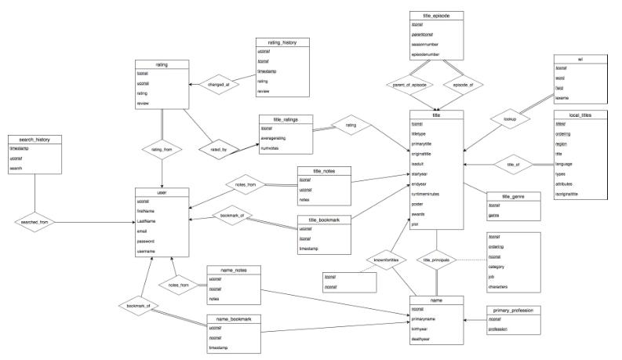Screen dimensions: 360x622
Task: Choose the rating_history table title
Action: tap(282, 42)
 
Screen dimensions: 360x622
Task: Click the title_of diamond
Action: tap(515, 165)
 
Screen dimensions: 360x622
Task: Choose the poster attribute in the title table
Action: tap(417, 202)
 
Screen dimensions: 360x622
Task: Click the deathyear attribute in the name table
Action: tap(422, 339)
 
